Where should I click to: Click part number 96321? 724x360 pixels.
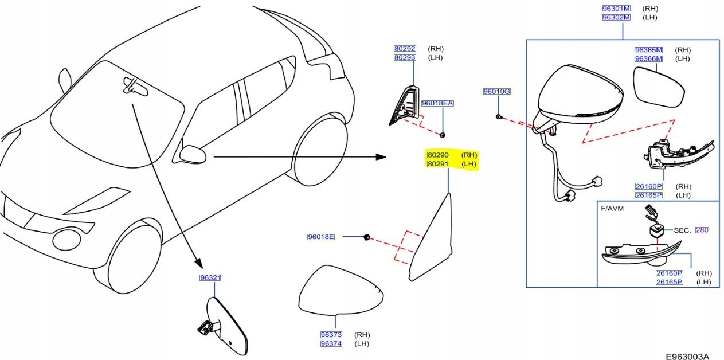tap(210, 278)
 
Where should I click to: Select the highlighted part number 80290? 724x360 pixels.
tap(438, 155)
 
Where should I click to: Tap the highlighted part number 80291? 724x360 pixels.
tap(438, 165)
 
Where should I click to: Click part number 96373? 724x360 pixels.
tap(331, 335)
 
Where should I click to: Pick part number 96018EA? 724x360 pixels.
tap(437, 104)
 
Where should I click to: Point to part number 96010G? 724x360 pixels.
tap(496, 92)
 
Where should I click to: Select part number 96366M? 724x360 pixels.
tap(648, 59)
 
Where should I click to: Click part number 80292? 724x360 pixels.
tap(405, 49)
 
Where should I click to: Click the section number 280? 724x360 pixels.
tap(702, 230)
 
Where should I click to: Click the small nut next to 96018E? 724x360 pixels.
tap(366, 237)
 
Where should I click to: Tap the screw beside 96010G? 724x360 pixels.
tap(499, 116)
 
